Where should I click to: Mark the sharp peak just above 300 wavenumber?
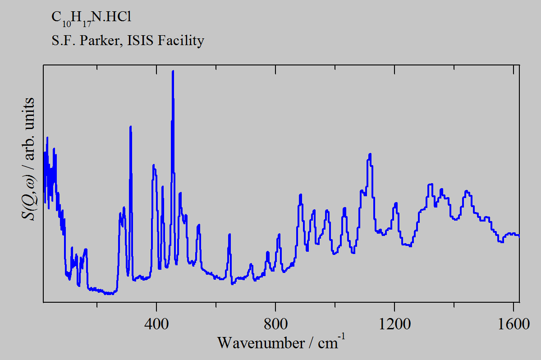tap(130, 127)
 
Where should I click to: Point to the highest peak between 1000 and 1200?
tap(370, 154)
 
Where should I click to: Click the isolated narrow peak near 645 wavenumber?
tap(229, 234)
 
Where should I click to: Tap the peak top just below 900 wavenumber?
tap(300, 194)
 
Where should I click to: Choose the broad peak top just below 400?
tap(154, 166)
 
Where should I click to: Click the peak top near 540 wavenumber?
tap(198, 225)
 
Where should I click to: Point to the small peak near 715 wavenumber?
tap(251, 264)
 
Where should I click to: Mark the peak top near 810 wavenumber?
tap(279, 234)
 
